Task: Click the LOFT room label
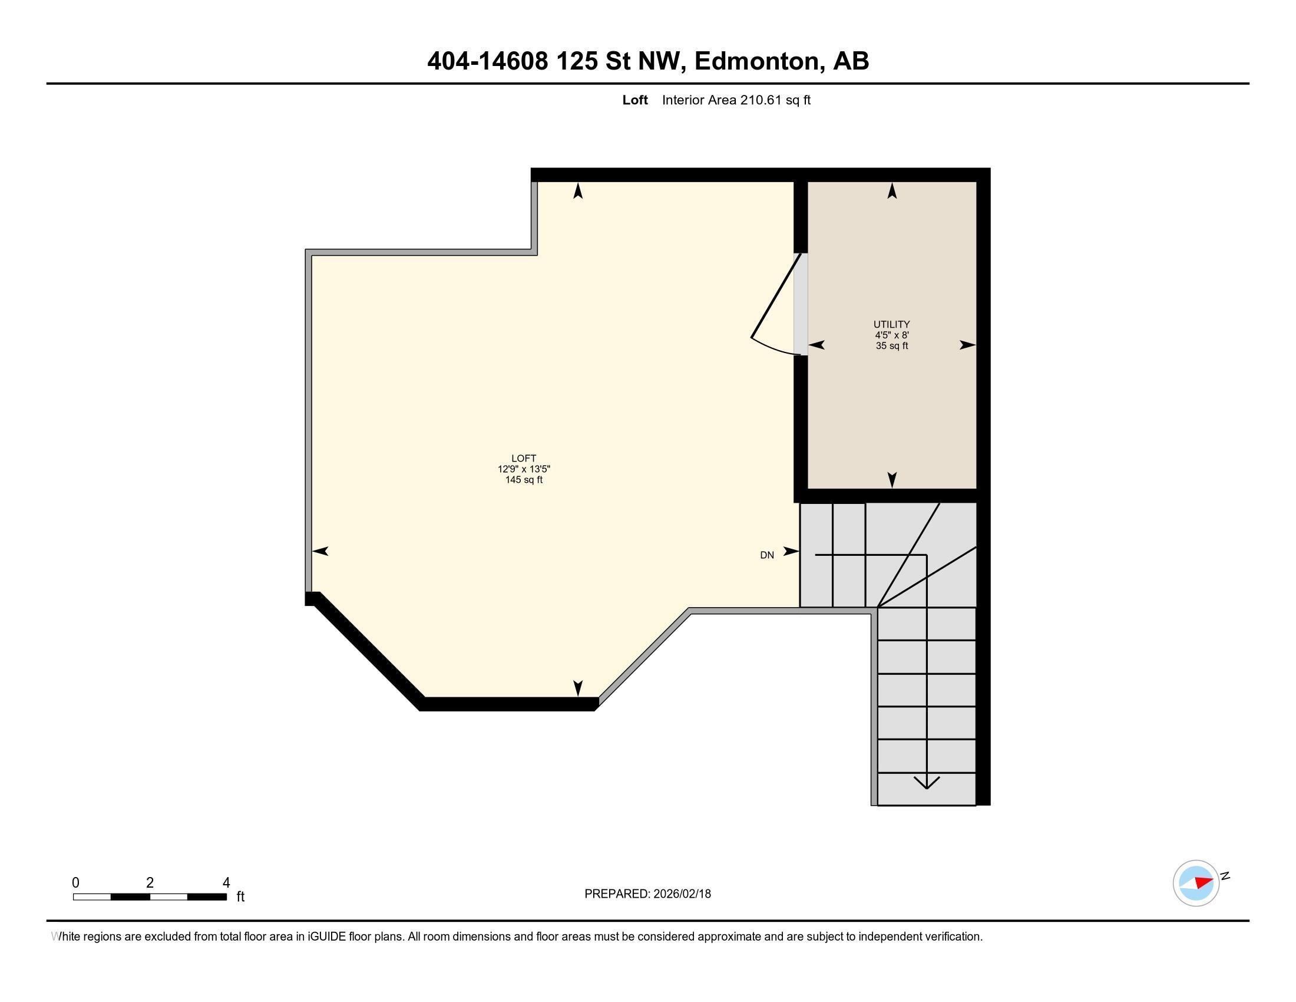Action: [523, 457]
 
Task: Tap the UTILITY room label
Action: [891, 324]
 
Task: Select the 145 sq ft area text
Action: [523, 480]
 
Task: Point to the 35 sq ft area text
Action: [891, 345]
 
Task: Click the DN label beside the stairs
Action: [766, 555]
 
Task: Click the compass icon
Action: [1195, 883]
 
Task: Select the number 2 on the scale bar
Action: [150, 882]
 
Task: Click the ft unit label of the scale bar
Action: [240, 896]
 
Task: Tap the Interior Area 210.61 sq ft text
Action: [736, 100]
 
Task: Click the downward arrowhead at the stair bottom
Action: [926, 783]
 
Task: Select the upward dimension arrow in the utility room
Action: [891, 190]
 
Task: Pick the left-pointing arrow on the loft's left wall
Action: [320, 551]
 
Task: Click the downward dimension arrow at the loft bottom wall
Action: [577, 687]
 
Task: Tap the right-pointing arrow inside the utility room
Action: [967, 345]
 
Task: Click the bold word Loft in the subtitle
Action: [634, 100]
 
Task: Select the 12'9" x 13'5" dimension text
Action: [523, 469]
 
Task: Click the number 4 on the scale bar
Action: [226, 882]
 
